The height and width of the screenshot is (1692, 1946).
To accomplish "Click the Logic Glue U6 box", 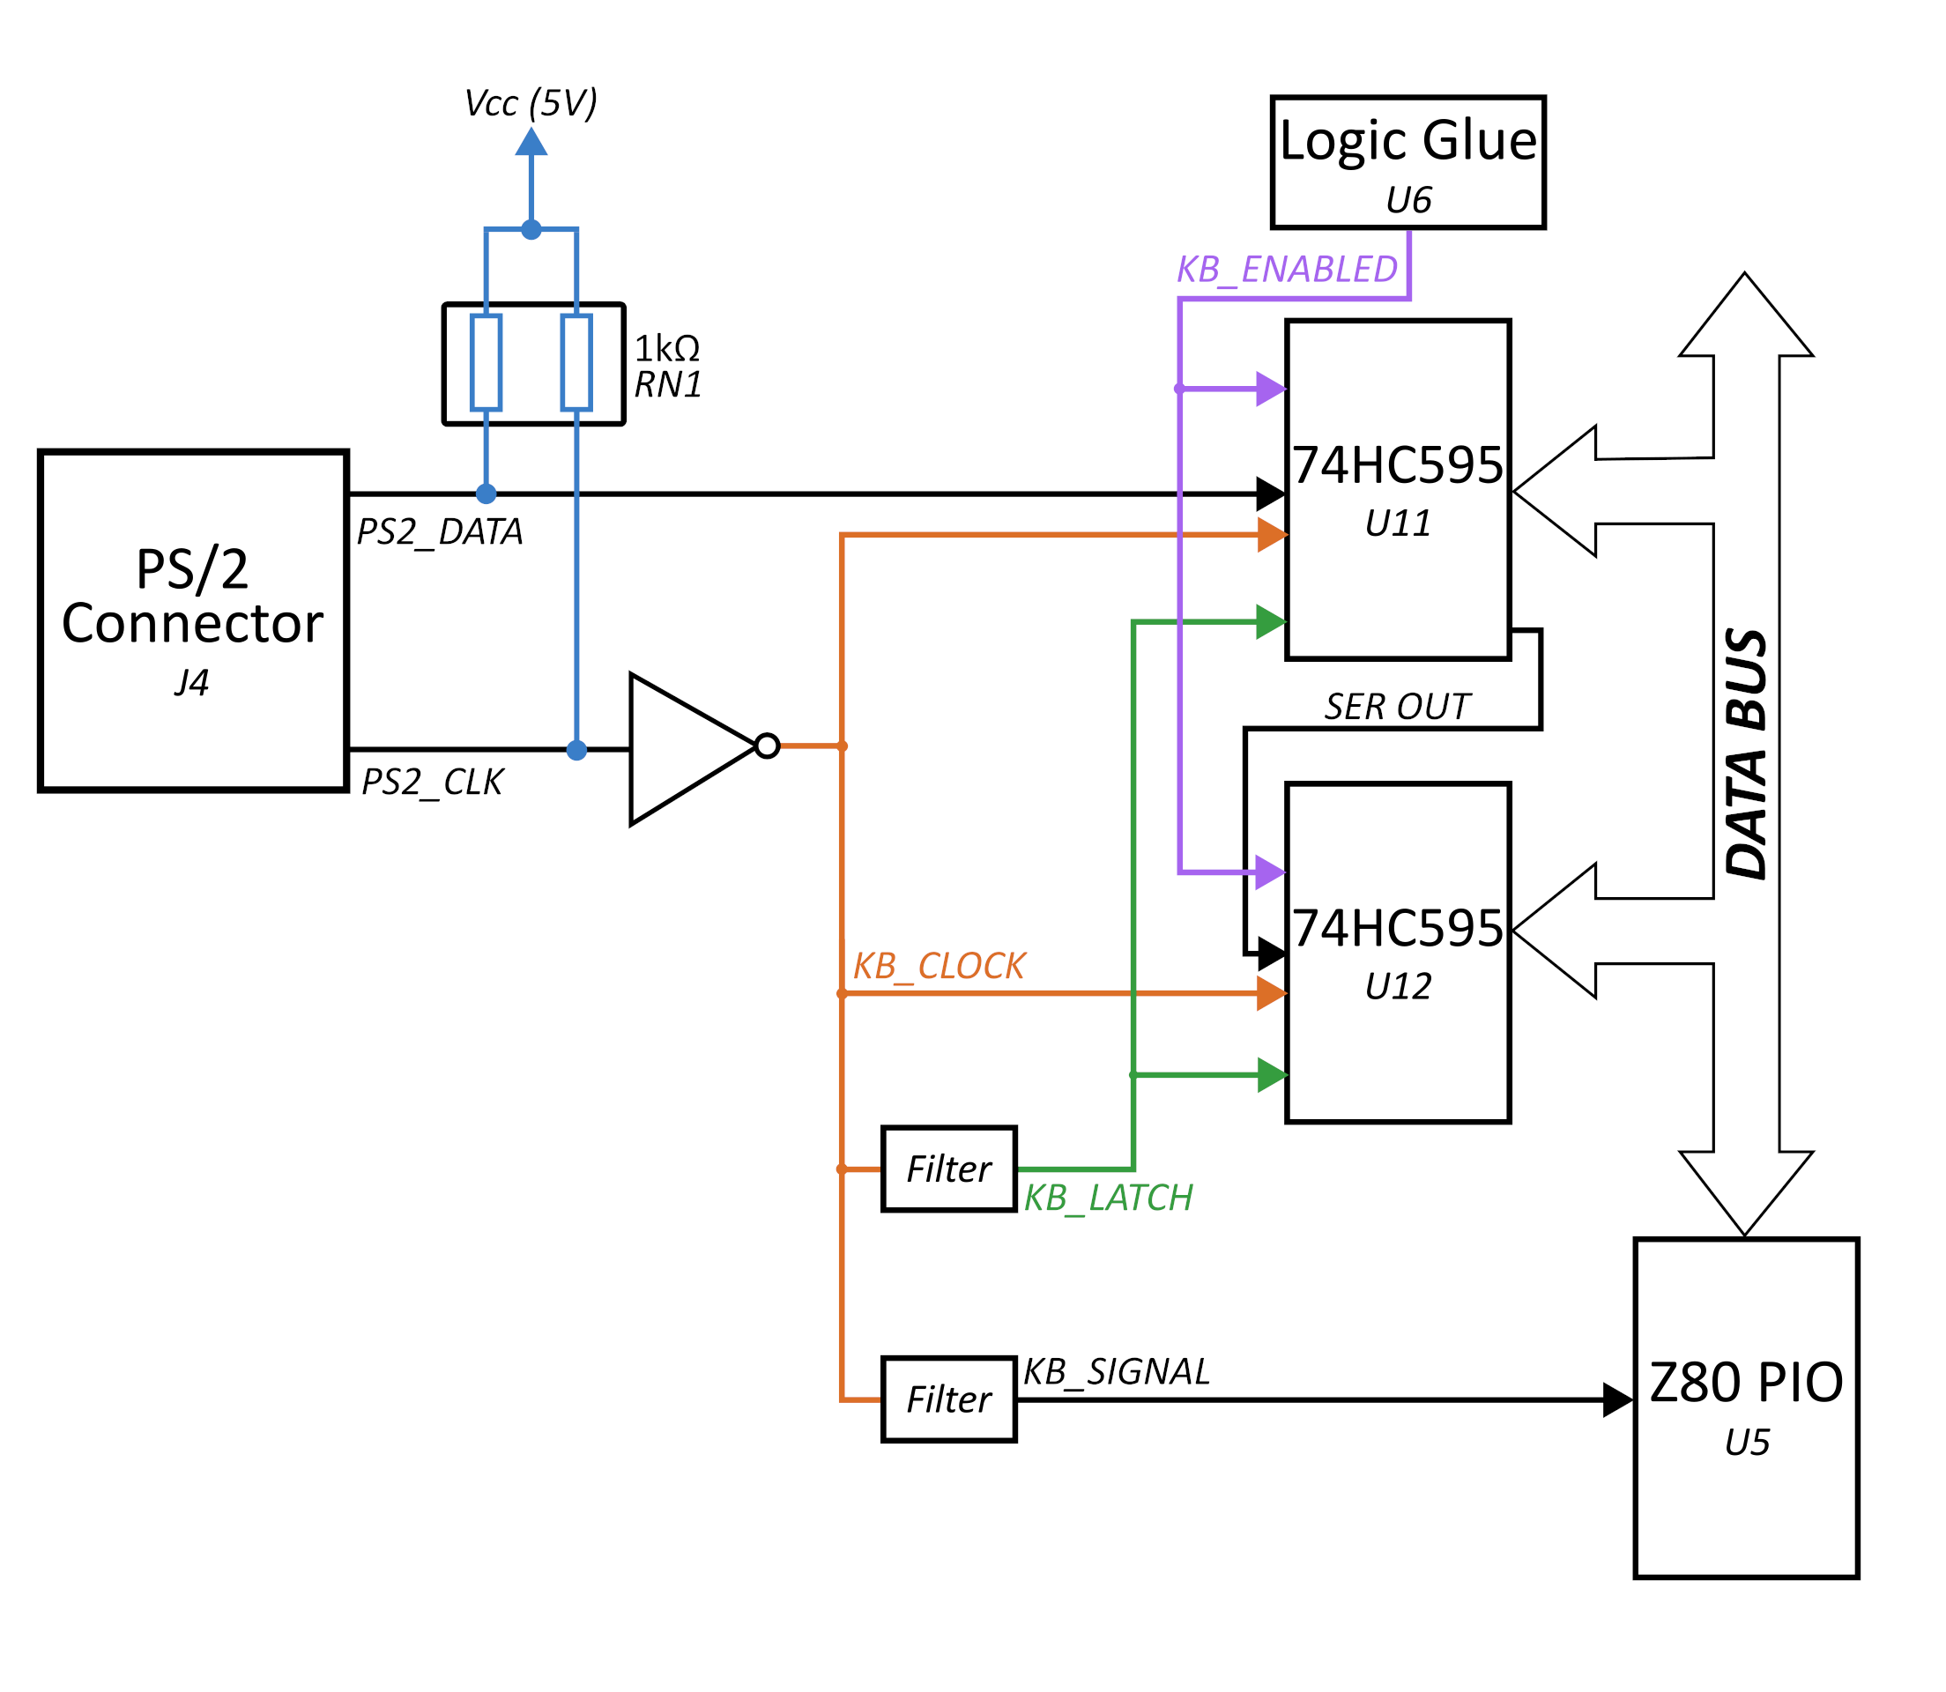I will (1407, 162).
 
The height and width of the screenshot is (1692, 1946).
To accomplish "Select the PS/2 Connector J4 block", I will (193, 620).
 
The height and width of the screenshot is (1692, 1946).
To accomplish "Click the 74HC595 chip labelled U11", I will (1398, 490).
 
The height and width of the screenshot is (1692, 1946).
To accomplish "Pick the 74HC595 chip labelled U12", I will (1398, 953).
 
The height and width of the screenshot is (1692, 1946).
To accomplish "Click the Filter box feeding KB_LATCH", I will (948, 1169).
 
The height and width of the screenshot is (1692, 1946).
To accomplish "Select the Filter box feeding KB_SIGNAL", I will (948, 1399).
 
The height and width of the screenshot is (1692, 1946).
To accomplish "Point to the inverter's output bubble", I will (768, 746).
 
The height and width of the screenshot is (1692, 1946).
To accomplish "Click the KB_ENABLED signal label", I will (1286, 270).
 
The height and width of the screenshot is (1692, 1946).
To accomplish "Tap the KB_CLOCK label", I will (939, 966).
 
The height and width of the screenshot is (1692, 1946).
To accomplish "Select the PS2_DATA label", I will (439, 532).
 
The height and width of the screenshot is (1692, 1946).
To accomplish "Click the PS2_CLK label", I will (433, 782).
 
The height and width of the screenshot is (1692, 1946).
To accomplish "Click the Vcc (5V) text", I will (531, 104).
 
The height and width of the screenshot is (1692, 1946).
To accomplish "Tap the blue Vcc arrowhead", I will (531, 142).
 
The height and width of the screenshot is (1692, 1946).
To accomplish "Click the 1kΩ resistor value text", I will (666, 349).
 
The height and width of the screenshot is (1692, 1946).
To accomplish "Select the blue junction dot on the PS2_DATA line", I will (486, 493).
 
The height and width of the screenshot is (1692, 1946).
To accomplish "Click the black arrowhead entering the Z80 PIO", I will (1618, 1399).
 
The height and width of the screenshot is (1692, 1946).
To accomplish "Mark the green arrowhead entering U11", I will (1271, 622).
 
